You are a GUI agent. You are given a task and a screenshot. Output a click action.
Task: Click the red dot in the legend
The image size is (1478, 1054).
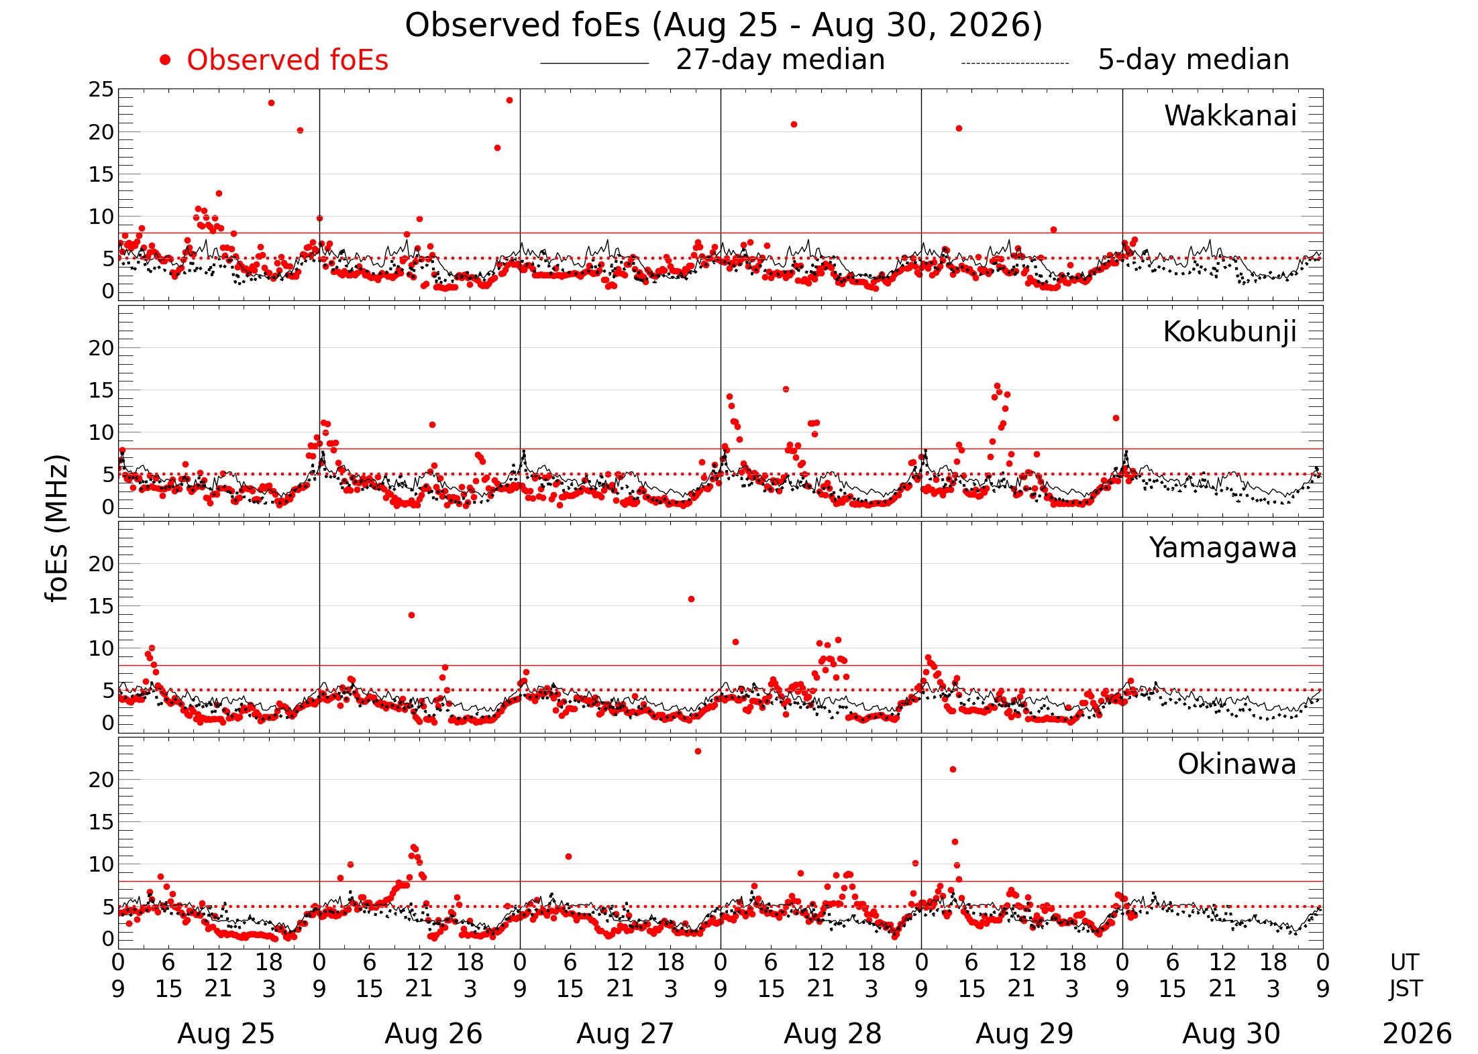click(x=165, y=60)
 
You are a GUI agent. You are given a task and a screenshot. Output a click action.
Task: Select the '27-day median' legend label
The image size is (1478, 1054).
click(x=780, y=60)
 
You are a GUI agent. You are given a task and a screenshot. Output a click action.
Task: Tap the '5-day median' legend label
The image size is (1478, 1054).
click(x=1194, y=60)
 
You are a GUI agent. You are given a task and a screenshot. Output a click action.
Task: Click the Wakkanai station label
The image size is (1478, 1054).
click(x=1230, y=116)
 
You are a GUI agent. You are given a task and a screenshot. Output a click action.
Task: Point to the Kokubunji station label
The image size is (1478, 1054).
click(x=1230, y=333)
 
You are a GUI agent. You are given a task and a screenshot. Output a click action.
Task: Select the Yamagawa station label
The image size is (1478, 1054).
click(x=1223, y=548)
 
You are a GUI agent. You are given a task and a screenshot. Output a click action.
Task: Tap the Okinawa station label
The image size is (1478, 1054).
click(x=1237, y=764)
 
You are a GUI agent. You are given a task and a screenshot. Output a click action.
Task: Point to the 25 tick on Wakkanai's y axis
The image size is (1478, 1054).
click(x=101, y=89)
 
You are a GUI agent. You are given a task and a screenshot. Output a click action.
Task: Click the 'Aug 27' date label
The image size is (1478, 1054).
click(x=625, y=1034)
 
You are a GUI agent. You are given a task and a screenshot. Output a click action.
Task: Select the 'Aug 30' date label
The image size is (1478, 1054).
click(x=1231, y=1034)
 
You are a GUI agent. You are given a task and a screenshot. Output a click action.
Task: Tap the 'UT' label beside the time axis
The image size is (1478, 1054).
click(x=1404, y=962)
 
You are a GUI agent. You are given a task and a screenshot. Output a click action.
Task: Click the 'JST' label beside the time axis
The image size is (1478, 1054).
click(x=1406, y=989)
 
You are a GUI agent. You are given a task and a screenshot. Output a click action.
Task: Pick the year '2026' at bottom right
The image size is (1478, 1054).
click(x=1417, y=1034)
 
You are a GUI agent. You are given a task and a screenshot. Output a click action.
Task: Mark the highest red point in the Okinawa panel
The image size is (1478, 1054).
click(x=698, y=752)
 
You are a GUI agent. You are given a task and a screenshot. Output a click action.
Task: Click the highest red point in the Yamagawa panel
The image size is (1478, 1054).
click(x=691, y=599)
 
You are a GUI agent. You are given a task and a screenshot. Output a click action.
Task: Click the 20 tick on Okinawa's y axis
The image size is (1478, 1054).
click(x=101, y=780)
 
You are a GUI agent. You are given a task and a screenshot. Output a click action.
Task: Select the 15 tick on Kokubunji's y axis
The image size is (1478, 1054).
click(x=101, y=390)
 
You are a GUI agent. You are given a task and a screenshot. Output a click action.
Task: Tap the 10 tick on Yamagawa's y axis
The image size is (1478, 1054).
click(x=101, y=648)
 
